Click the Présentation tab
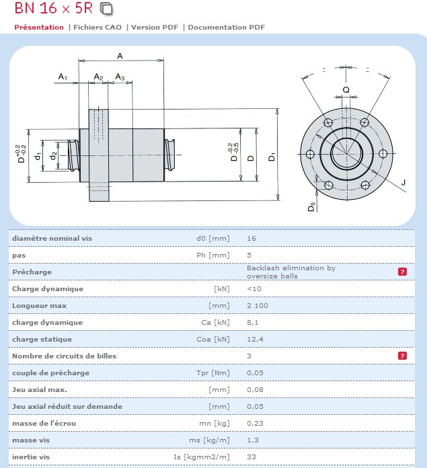coord(39,28)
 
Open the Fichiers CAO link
coord(100,28)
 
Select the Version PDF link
coord(156,28)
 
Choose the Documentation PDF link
coord(227,28)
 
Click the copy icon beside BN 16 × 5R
coord(108,9)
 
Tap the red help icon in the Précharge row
coord(402,272)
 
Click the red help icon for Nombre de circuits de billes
coord(402,356)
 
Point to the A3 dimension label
coord(120,77)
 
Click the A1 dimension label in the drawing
coord(63,77)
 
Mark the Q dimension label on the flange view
coord(346,89)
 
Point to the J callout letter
coord(403,182)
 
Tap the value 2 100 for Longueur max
coord(258,305)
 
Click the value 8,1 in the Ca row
coord(252,322)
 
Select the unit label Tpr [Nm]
coord(211,373)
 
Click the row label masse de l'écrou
coord(44,423)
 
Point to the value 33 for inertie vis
coord(251,457)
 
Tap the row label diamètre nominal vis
coord(52,238)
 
